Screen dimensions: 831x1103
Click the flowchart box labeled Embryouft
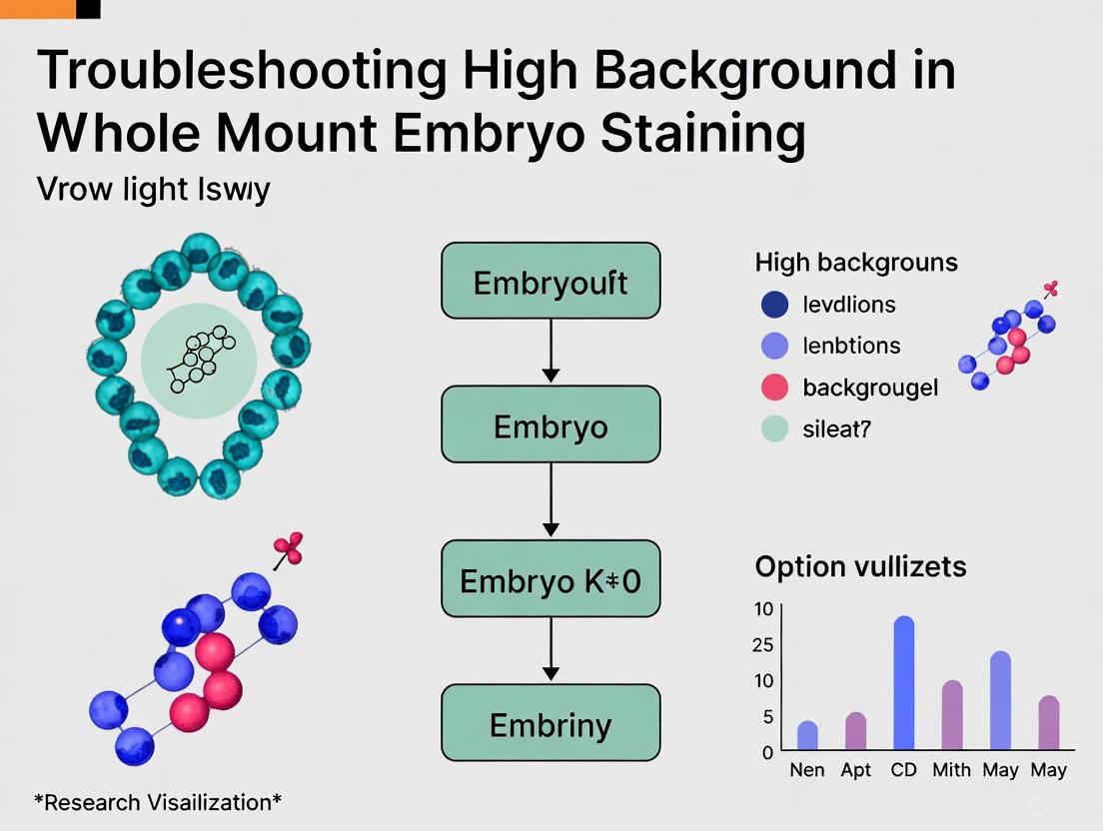click(551, 281)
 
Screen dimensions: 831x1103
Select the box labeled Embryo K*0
click(551, 578)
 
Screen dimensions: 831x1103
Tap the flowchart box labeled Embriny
click(551, 723)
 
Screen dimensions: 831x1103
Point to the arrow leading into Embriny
click(551, 650)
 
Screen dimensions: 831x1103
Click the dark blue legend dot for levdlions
click(775, 305)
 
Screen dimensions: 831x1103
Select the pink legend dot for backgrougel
click(775, 387)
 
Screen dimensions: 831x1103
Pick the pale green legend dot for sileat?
click(775, 428)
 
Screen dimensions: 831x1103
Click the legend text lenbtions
click(851, 346)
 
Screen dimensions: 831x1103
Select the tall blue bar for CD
click(904, 683)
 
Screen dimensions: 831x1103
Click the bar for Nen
click(807, 735)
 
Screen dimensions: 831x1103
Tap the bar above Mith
click(952, 715)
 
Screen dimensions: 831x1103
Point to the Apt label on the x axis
click(856, 770)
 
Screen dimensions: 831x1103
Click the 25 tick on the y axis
click(762, 645)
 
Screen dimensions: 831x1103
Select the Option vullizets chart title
click(860, 566)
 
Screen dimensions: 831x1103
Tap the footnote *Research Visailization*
click(158, 801)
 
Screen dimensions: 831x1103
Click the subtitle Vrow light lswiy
click(153, 189)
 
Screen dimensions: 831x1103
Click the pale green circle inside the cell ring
click(199, 361)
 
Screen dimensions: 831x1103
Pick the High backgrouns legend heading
click(856, 263)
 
